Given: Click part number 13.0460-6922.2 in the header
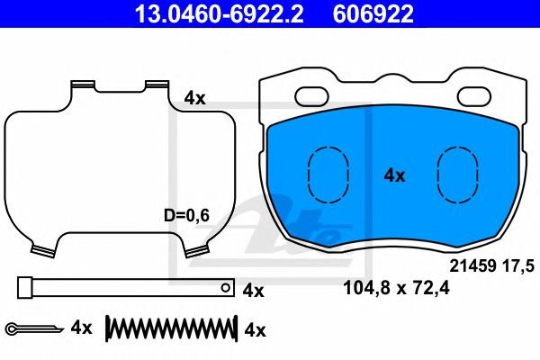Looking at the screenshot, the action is click(x=219, y=13).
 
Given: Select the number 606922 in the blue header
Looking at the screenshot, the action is click(x=373, y=13).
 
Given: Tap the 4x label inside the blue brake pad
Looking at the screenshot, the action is click(x=395, y=176).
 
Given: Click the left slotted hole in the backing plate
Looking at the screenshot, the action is click(x=312, y=96).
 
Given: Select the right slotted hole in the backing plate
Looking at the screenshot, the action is click(x=474, y=96).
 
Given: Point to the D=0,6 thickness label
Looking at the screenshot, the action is click(x=186, y=216).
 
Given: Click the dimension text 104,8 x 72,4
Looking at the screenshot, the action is click(x=396, y=288).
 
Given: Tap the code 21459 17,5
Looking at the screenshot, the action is click(x=492, y=266).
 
